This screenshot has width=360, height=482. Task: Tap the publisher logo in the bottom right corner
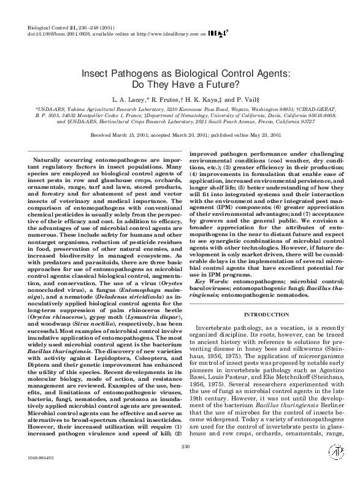pos(334,469)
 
